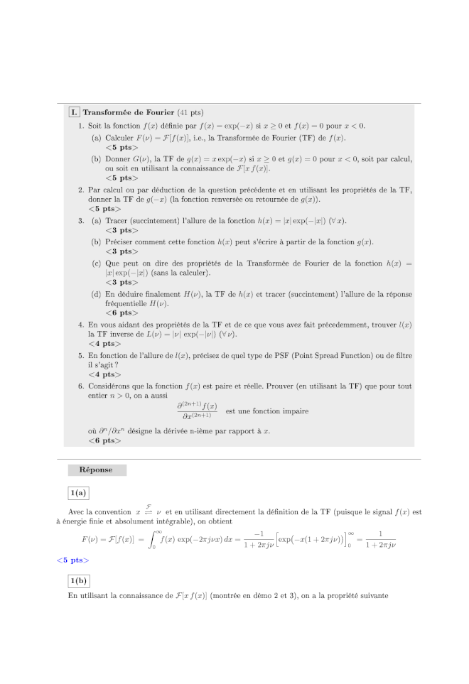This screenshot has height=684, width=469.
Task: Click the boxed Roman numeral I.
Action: [74, 112]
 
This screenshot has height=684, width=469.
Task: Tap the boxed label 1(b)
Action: [78, 580]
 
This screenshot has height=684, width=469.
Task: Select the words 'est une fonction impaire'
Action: [266, 411]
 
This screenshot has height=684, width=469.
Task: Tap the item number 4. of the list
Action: [81, 324]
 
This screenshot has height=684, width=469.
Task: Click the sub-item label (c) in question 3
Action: [95, 263]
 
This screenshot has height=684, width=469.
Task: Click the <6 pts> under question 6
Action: [104, 440]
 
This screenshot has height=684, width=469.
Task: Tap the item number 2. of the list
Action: [81, 190]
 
